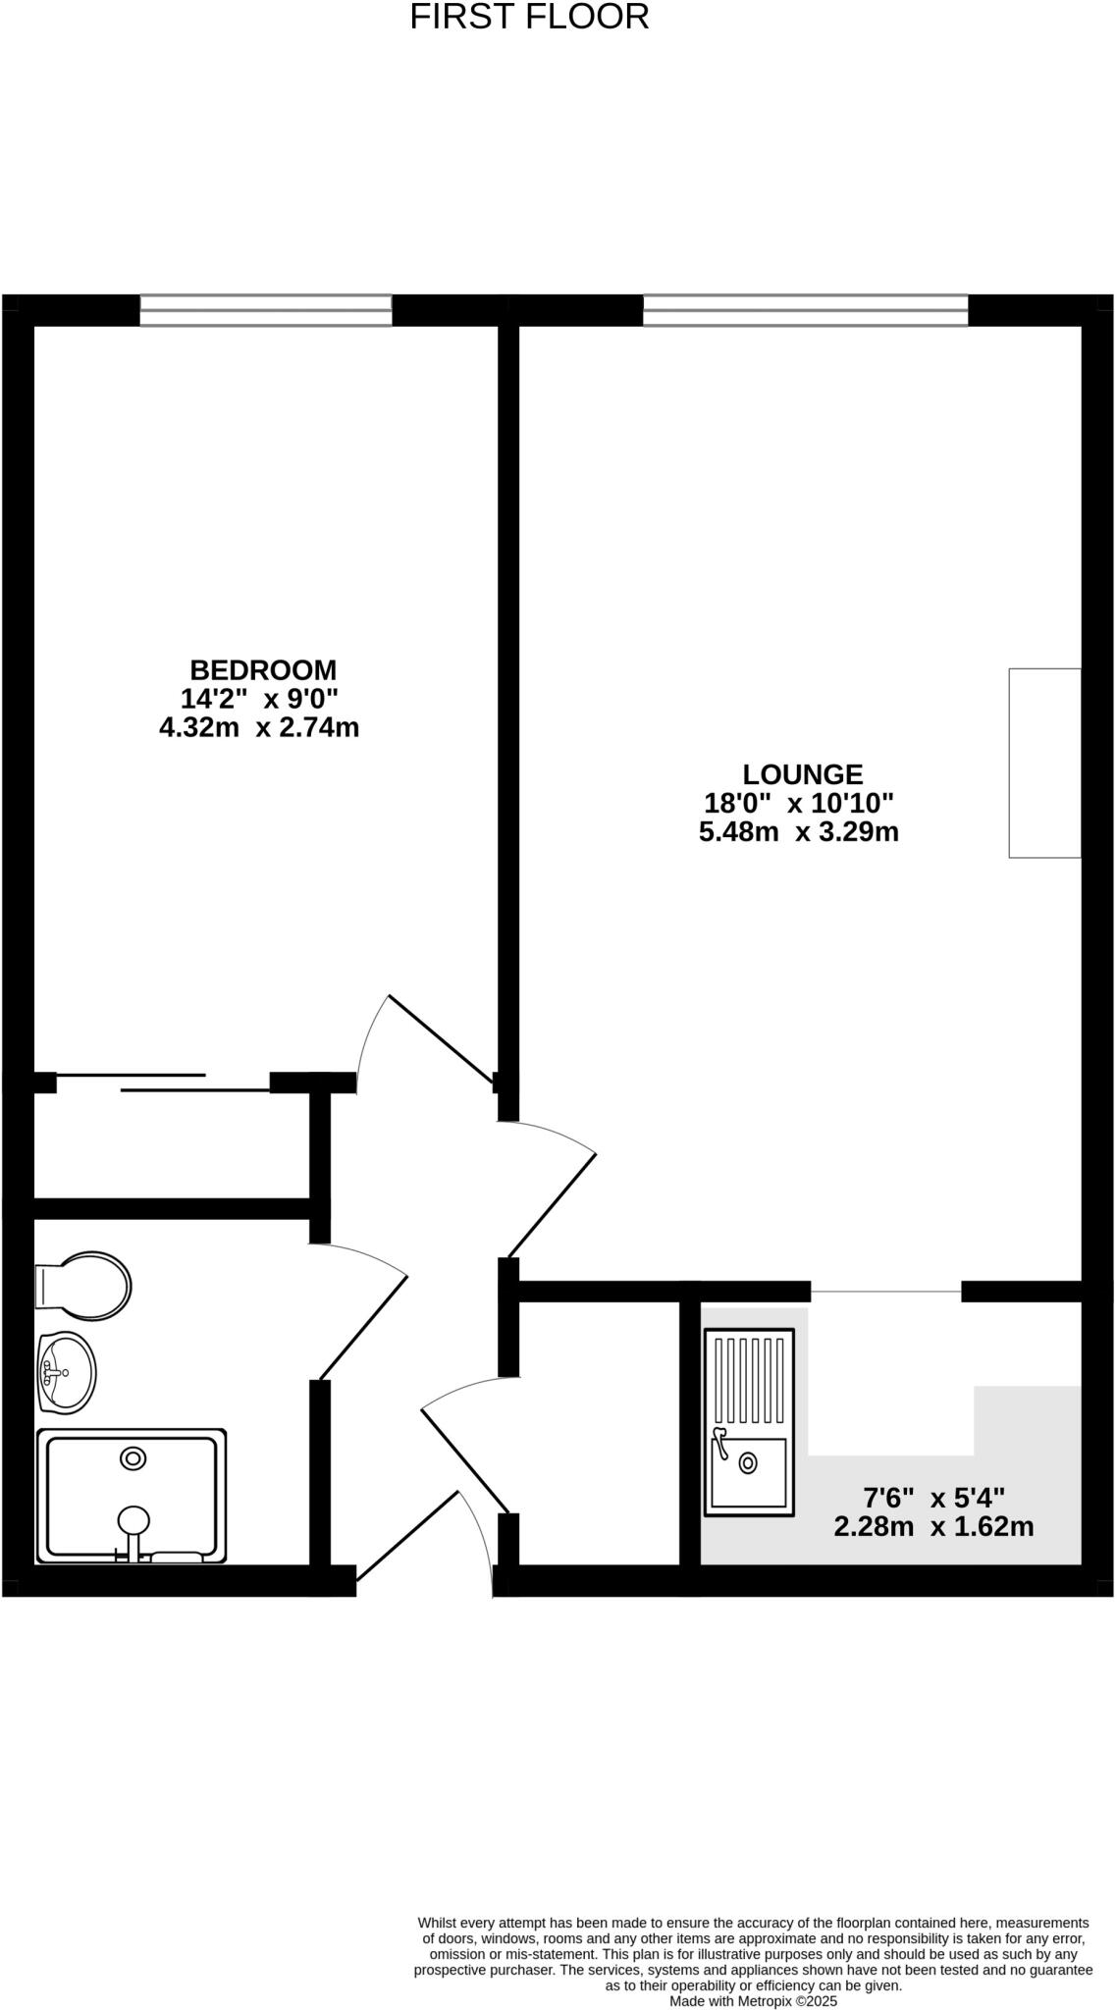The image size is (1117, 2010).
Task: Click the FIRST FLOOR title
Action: click(x=529, y=18)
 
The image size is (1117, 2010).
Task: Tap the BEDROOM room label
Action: click(x=263, y=670)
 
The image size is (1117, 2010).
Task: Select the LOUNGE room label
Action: click(x=802, y=774)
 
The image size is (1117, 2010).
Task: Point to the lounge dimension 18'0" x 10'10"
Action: click(x=799, y=803)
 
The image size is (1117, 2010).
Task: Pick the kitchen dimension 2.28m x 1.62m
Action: click(x=933, y=1527)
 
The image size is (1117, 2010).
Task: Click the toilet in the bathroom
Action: click(x=84, y=1286)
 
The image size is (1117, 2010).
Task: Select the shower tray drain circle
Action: click(x=133, y=1459)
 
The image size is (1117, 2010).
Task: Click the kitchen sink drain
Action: click(x=748, y=1462)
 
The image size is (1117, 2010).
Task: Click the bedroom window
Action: click(x=265, y=310)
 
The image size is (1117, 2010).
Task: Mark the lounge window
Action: click(x=805, y=310)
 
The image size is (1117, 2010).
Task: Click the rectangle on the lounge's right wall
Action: click(x=1044, y=763)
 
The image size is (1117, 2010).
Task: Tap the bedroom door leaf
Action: click(x=441, y=1039)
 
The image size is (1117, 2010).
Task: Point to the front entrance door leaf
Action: click(x=407, y=1537)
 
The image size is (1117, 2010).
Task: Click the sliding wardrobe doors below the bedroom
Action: click(x=162, y=1083)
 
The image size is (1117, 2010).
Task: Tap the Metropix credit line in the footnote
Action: click(x=753, y=2000)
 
